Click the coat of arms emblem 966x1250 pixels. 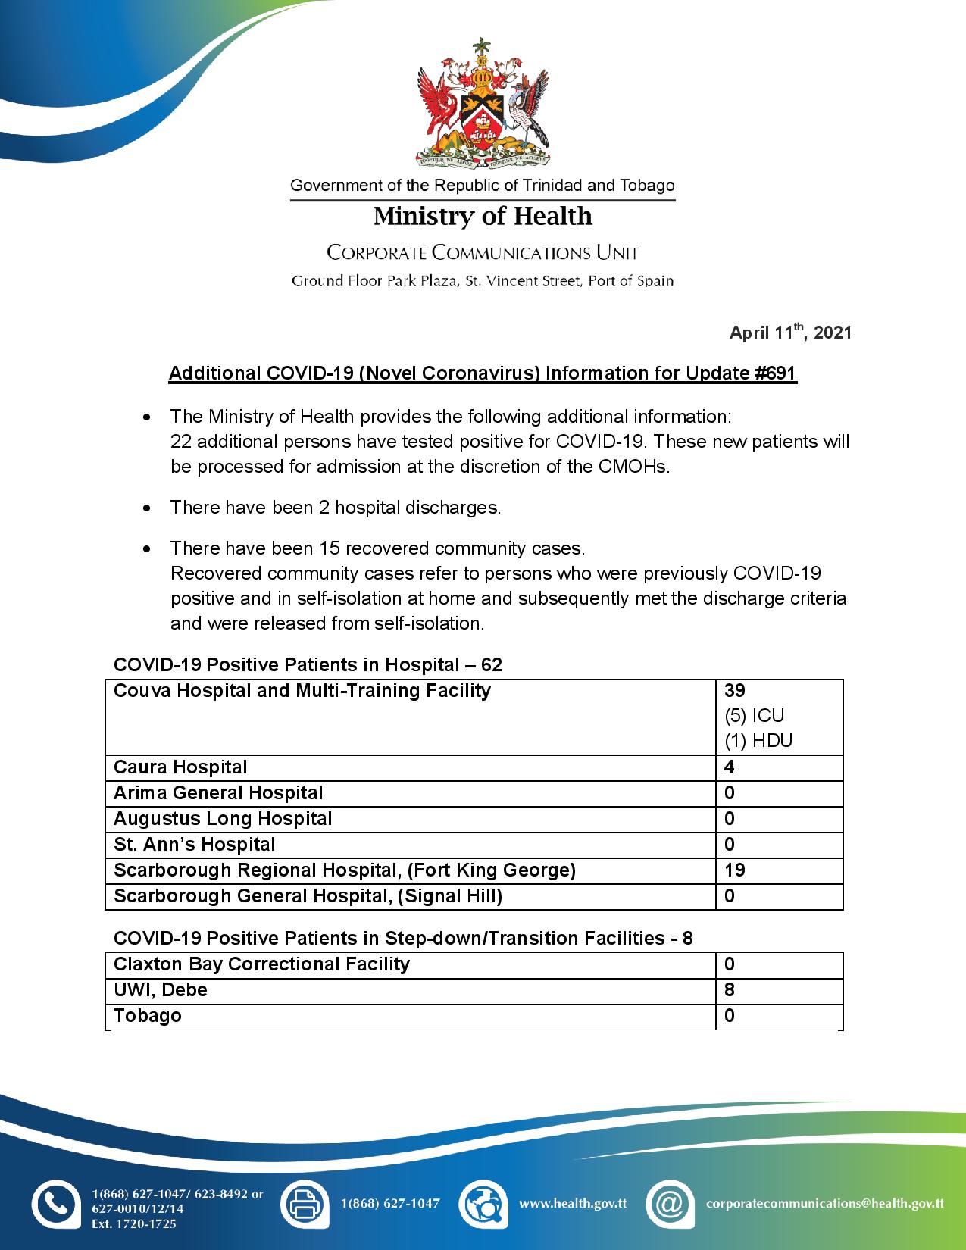click(483, 103)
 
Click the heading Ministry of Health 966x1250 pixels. click(483, 217)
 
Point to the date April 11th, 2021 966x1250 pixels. click(790, 333)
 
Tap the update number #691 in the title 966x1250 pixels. click(776, 373)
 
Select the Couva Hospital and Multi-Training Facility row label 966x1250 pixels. click(302, 691)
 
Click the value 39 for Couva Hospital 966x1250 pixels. click(735, 691)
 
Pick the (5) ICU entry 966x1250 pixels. click(754, 716)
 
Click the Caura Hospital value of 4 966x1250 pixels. click(730, 767)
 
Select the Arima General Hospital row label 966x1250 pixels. click(218, 793)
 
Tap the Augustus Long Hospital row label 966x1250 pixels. click(223, 819)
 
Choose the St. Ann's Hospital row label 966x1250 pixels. click(195, 845)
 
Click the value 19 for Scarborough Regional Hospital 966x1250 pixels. click(735, 870)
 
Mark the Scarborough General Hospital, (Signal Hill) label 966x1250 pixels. click(308, 896)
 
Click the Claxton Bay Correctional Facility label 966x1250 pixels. click(261, 964)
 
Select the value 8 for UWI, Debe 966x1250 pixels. click(730, 990)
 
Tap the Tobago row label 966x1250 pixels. click(148, 1016)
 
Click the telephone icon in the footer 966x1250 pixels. click(55, 1204)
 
